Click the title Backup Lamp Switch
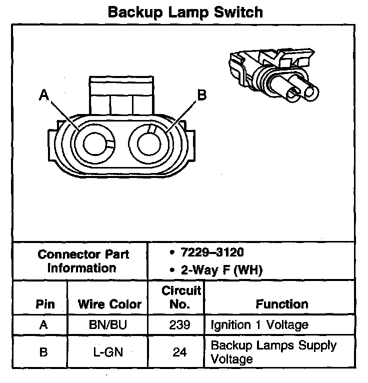point(185,12)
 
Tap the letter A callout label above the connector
point(44,95)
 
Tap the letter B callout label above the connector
point(201,95)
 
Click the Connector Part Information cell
point(83,260)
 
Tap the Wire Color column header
point(110,304)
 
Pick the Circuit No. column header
point(180,297)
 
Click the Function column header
point(282,304)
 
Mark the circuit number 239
point(180,325)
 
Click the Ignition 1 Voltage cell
point(259,325)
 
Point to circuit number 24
point(179,352)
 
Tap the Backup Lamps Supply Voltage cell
point(273,352)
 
